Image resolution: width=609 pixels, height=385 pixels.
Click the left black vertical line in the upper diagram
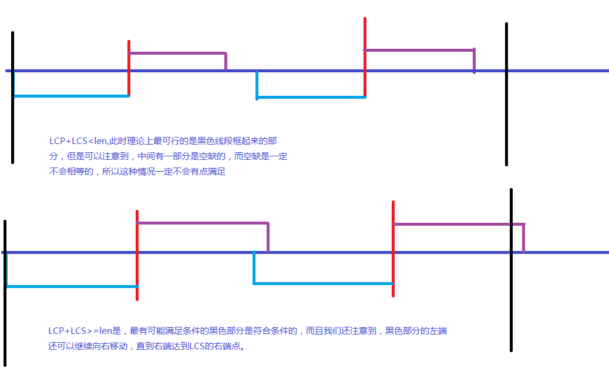tap(13, 98)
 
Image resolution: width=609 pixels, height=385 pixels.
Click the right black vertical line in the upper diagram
tap(506, 94)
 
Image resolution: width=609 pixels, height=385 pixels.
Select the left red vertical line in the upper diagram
tap(129, 68)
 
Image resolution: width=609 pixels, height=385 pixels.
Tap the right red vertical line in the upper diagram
tap(365, 57)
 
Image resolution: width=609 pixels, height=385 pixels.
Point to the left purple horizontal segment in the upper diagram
tap(177, 53)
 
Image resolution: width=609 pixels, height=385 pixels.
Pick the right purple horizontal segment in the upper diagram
tap(419, 50)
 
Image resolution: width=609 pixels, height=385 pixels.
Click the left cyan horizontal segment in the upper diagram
tap(72, 96)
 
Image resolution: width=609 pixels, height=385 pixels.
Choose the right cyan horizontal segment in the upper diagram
tap(311, 97)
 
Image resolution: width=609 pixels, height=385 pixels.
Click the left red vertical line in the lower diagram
tap(137, 255)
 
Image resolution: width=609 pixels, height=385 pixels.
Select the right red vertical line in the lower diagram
tap(393, 249)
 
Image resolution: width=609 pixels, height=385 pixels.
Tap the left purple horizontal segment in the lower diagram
tap(203, 223)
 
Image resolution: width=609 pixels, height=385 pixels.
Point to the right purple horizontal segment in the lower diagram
tap(459, 225)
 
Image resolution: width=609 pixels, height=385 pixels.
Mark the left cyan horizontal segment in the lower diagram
tap(73, 287)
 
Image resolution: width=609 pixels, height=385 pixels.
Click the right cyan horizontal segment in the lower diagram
tap(323, 283)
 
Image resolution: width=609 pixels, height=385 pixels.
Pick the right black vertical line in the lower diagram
tap(511, 270)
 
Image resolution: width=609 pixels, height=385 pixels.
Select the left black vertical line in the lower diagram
tap(5, 293)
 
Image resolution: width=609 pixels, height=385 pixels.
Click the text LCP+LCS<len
tap(78, 141)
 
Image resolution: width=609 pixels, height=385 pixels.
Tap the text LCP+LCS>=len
tap(80, 331)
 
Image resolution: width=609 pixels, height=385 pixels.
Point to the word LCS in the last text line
tap(197, 346)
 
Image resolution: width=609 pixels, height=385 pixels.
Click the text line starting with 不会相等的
tap(137, 172)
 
